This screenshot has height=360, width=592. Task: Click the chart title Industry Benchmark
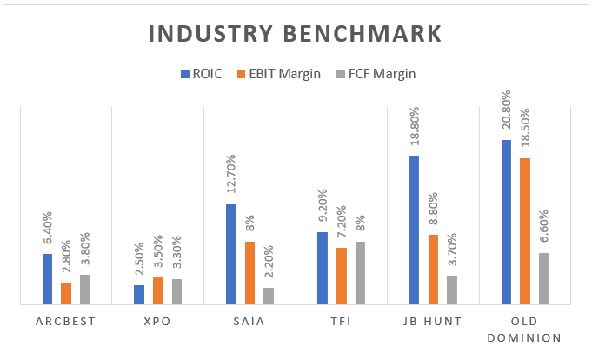pos(295,34)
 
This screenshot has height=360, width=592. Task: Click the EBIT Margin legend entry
pos(279,74)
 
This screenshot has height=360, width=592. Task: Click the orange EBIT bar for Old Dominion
pos(523,231)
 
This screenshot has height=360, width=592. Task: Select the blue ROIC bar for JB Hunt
pos(414,230)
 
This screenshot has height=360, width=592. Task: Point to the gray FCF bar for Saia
pos(269,296)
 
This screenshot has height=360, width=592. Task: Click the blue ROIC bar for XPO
pos(139,295)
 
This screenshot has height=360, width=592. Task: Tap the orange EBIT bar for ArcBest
pos(66,293)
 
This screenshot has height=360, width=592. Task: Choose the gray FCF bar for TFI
pos(360,273)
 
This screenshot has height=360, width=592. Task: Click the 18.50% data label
pos(524,131)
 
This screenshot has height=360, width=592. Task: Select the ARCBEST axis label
pos(66,321)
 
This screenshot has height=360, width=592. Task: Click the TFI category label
pos(341,321)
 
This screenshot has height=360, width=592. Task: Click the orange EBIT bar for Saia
pos(249,273)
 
